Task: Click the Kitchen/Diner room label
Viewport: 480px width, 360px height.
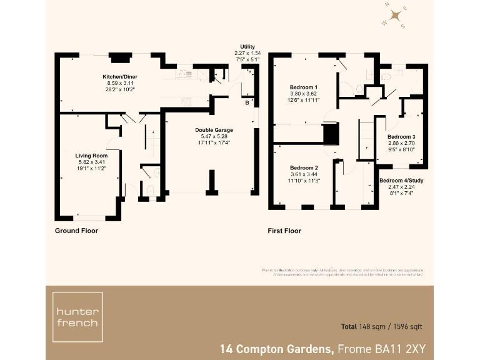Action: click(120, 76)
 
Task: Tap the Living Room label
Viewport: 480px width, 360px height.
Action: click(91, 155)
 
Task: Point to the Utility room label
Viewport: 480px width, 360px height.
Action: click(247, 47)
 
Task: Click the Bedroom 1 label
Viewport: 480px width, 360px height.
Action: click(304, 87)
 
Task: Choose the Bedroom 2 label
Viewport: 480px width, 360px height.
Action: click(304, 168)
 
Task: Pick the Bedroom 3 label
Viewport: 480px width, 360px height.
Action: click(401, 136)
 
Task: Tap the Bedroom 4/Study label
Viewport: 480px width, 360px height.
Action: click(401, 181)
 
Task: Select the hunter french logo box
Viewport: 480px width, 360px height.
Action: click(77, 317)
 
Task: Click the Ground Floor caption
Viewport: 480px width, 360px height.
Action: click(76, 231)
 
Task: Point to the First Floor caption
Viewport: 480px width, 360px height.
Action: click(284, 231)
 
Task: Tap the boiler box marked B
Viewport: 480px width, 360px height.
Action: click(247, 102)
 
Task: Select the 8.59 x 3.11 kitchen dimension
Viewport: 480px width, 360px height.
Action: click(120, 83)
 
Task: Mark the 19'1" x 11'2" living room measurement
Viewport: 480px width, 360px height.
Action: click(91, 168)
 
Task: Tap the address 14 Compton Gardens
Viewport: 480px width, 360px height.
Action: click(276, 348)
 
